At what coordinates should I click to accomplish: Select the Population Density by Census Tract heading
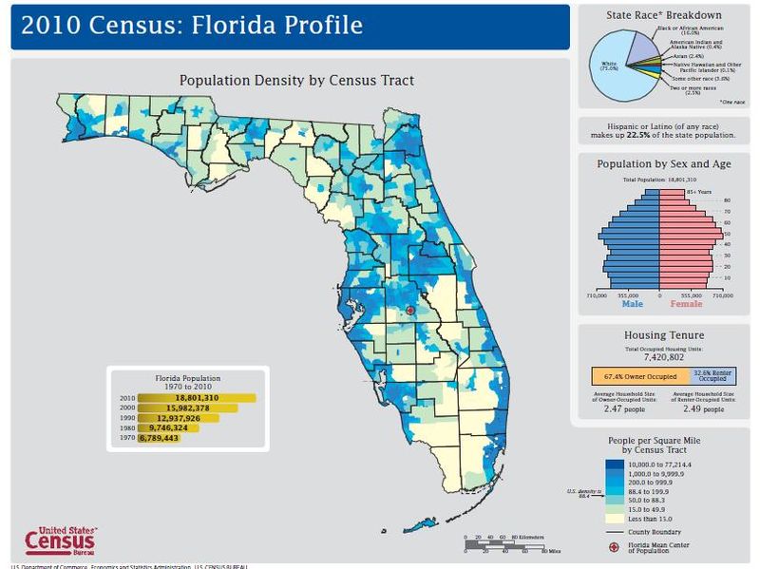click(296, 80)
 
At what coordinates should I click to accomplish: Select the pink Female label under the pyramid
click(686, 304)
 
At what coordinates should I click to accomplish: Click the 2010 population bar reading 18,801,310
click(197, 398)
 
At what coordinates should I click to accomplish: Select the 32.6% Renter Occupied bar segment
click(713, 377)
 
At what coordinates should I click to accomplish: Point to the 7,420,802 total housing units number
click(664, 359)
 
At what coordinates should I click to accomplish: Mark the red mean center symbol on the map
click(409, 311)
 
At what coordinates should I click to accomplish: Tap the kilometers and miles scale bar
click(503, 543)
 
